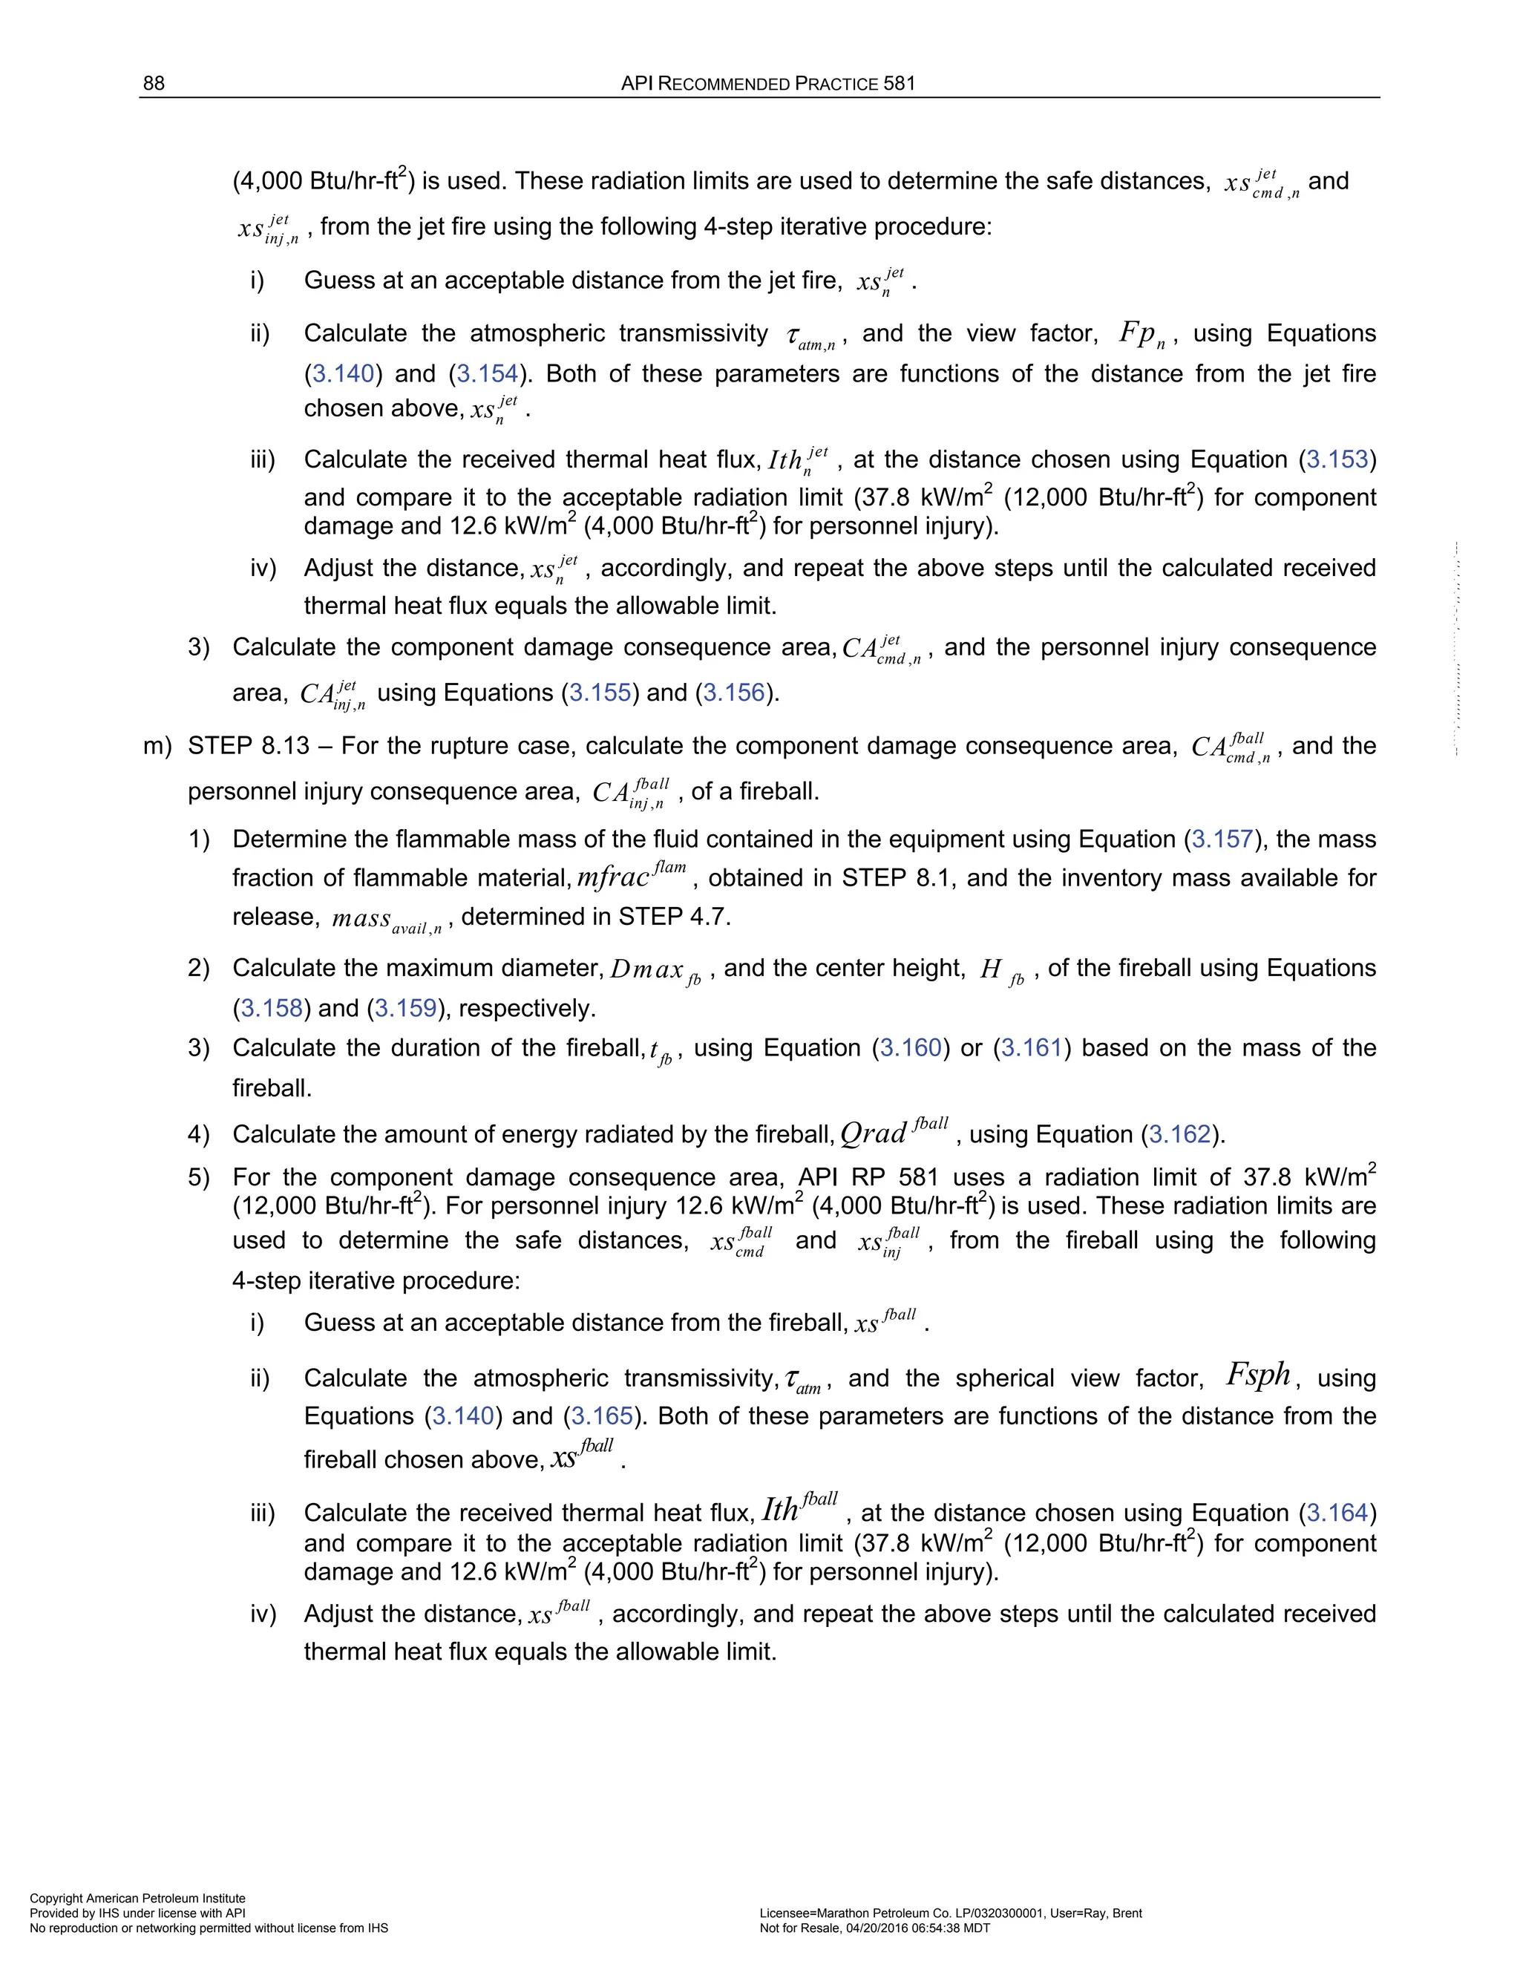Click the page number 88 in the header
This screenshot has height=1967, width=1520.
coord(153,84)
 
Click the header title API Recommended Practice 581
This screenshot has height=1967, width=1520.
coord(768,84)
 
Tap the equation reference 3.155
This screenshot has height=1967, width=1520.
coord(600,693)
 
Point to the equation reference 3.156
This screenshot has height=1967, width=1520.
coord(734,693)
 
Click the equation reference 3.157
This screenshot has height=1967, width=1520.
coord(1222,840)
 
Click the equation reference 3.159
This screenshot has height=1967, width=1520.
coord(405,1008)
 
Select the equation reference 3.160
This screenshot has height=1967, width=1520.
coord(911,1048)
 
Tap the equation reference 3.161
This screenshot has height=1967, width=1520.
coord(1032,1048)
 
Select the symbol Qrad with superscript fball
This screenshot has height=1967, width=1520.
coord(894,1132)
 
